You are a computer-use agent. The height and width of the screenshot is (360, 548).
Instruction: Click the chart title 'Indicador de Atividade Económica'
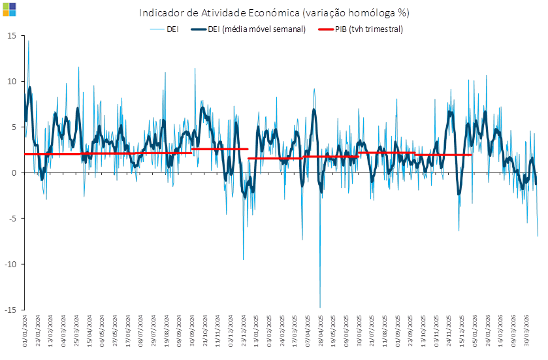point(274,13)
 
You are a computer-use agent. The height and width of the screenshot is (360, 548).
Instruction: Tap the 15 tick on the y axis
point(12,35)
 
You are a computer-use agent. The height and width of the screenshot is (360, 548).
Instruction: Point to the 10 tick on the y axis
point(12,81)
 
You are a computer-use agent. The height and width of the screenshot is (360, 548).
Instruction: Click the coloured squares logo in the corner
point(9,9)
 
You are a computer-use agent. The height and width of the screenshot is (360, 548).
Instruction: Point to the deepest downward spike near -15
point(320,306)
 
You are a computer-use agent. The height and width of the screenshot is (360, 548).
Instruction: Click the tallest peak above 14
point(28,41)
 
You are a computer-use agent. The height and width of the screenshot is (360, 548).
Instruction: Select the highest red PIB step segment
point(220,149)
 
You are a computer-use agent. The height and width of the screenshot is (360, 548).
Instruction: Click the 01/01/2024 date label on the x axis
point(25,329)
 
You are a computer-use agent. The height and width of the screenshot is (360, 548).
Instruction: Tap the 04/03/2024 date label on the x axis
point(63,329)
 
